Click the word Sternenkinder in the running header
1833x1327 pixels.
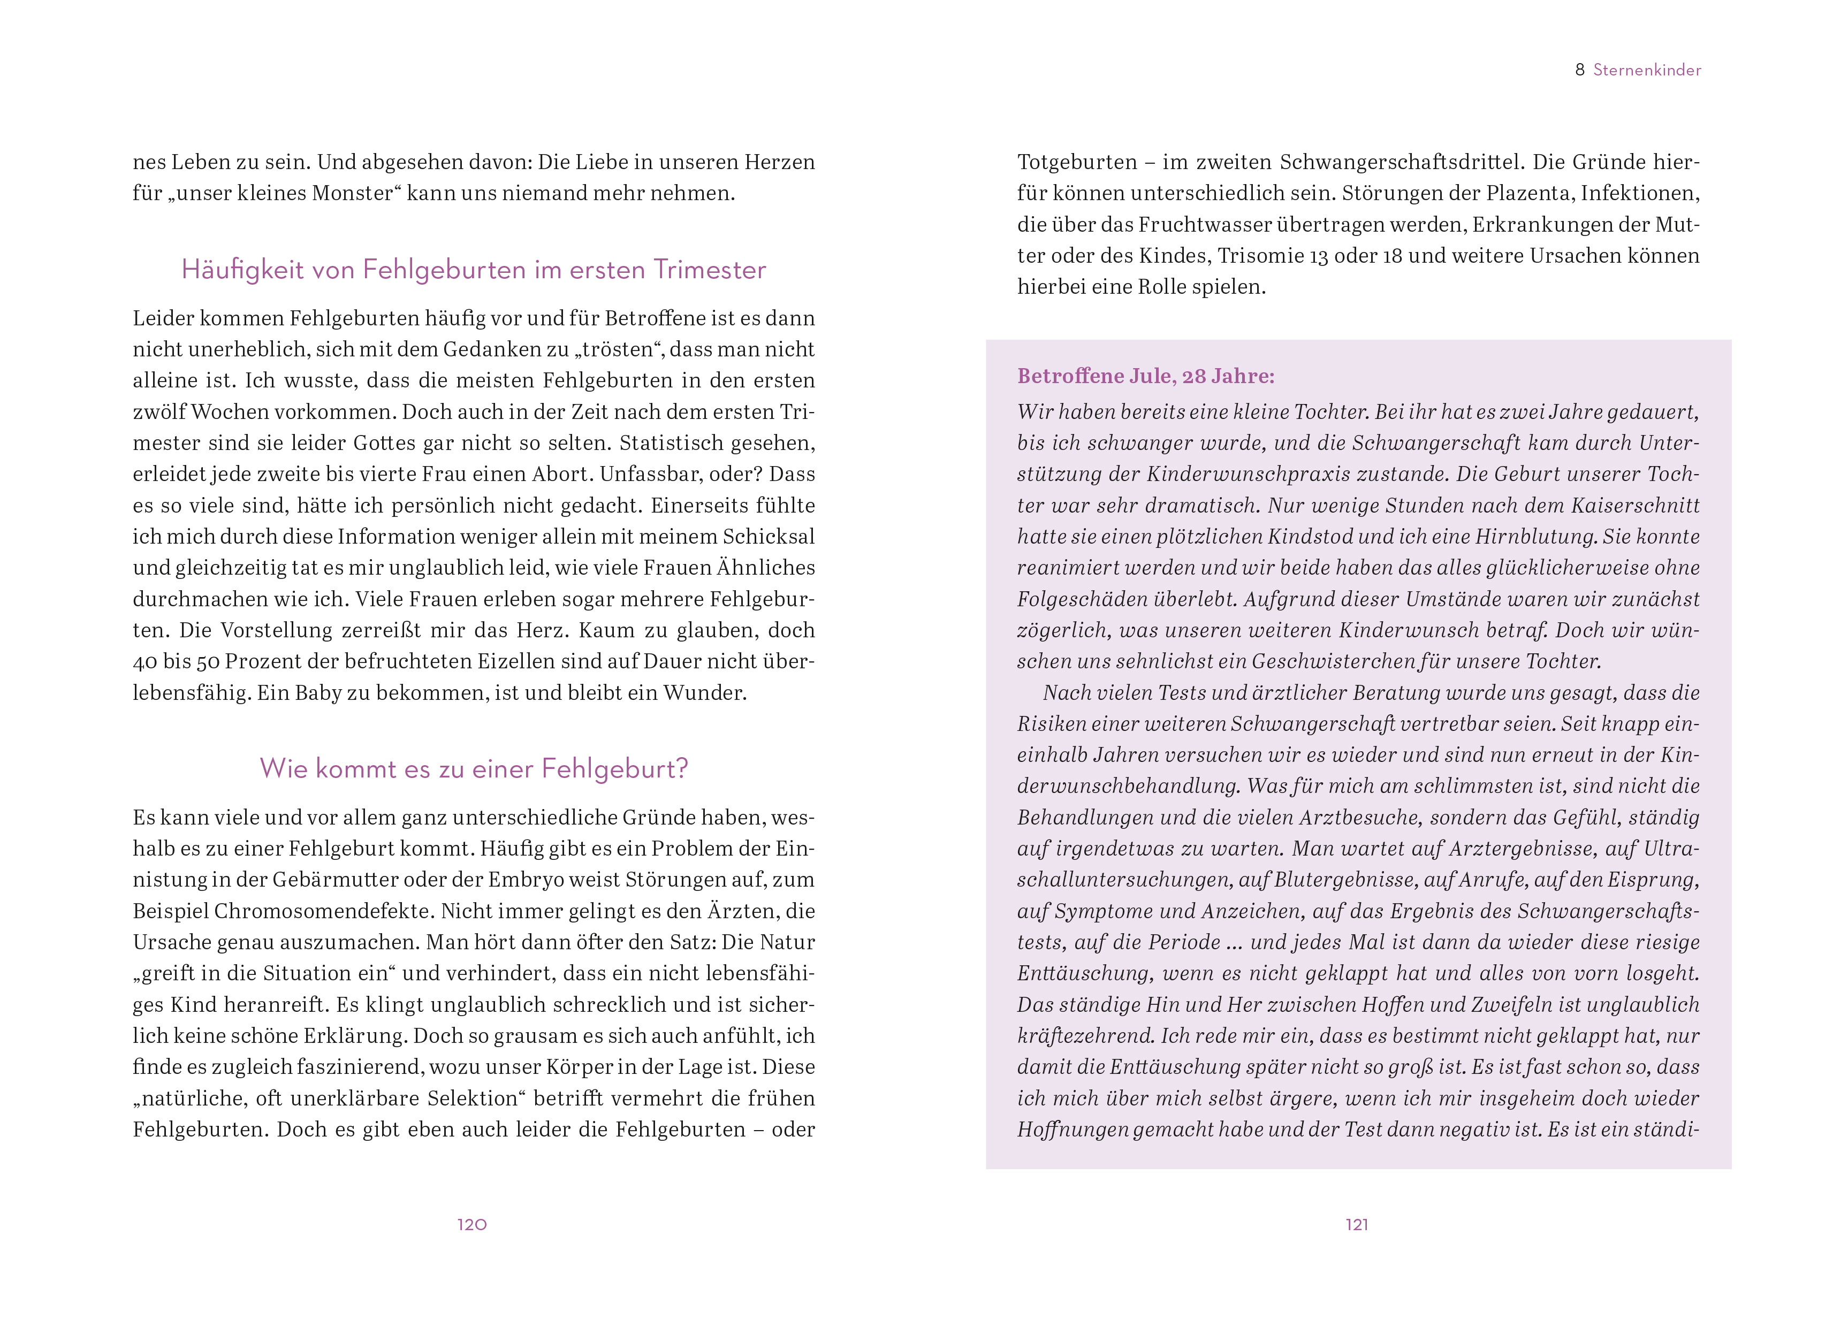pos(1647,70)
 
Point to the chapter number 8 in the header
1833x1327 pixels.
pos(1580,70)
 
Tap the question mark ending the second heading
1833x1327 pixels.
pos(681,768)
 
